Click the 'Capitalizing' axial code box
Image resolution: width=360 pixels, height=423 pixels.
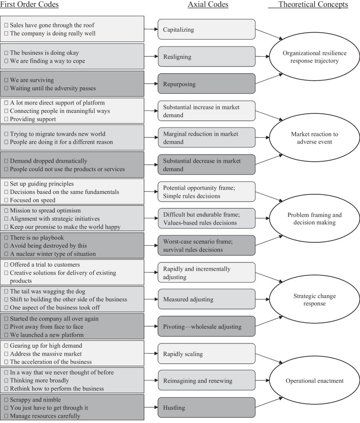[x=207, y=29]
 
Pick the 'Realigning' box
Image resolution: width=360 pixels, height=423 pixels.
[x=207, y=57]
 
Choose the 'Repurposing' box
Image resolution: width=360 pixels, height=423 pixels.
[x=207, y=84]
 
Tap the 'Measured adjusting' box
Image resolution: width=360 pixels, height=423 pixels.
[x=207, y=299]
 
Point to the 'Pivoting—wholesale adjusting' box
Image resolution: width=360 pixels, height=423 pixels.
[x=207, y=326]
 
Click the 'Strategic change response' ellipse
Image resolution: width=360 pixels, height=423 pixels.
[x=317, y=299]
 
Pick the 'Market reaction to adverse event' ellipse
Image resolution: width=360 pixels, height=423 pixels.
[x=317, y=138]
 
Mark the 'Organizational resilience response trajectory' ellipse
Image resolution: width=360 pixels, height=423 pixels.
[x=317, y=57]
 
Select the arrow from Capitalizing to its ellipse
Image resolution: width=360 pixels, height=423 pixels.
[x=269, y=34]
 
